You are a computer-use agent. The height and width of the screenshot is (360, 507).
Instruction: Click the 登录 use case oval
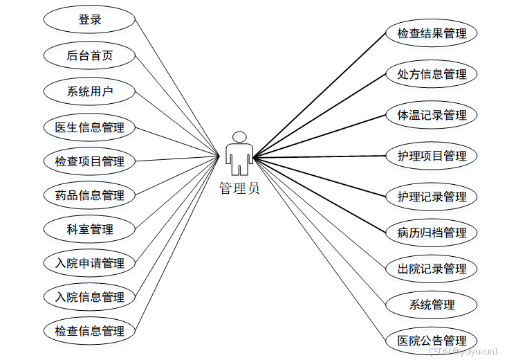pos(89,20)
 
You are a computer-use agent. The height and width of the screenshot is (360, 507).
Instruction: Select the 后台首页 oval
pos(89,56)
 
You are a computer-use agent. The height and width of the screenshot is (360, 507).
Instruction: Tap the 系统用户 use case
pos(89,91)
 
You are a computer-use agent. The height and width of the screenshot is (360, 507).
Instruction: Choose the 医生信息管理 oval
pos(89,127)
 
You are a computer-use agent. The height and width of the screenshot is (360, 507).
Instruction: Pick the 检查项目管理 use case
pos(89,161)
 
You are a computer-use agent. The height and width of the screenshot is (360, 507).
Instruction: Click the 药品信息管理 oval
pos(89,195)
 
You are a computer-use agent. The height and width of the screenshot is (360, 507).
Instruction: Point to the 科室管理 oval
pos(89,228)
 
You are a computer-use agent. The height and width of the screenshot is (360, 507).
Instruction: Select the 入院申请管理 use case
pos(89,263)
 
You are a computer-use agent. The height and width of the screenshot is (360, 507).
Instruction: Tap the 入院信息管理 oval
pos(89,297)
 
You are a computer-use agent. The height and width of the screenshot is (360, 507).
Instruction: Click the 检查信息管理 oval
pos(89,331)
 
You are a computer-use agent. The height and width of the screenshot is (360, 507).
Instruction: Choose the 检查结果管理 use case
pos(432,33)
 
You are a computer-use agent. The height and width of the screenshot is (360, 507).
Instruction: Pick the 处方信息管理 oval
pos(432,74)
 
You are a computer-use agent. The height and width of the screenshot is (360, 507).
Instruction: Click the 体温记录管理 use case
pos(432,115)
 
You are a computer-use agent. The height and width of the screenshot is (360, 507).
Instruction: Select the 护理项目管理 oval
pos(432,156)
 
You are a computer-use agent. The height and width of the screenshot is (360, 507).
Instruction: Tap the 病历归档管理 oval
pos(432,233)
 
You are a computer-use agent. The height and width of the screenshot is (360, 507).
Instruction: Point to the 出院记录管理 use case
pos(432,269)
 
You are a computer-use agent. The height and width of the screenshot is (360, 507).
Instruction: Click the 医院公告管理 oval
pos(432,341)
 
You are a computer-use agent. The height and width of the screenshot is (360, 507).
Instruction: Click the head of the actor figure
pos(239,137)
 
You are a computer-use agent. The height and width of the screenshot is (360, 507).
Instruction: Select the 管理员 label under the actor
pos(239,188)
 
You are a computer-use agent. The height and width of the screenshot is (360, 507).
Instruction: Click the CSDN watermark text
pos(463,352)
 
